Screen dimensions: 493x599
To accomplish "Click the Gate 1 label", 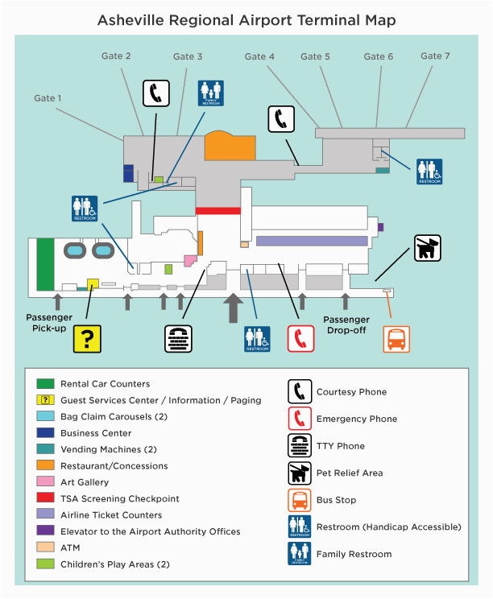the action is point(48,98).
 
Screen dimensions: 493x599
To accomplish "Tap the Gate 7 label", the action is point(435,56).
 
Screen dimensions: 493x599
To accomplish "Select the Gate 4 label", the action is point(259,56).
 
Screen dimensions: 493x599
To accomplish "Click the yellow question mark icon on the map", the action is point(87,339).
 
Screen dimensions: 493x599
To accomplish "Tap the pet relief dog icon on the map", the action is point(428,248).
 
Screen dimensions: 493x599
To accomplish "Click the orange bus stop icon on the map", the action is point(396,339).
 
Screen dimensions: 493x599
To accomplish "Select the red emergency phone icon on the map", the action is point(300,339).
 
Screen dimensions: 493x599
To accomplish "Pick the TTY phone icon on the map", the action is point(179,339).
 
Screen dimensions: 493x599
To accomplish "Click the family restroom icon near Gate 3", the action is point(211,93).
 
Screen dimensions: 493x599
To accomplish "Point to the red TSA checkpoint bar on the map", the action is point(218,211).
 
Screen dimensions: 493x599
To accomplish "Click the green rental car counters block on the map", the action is point(45,264).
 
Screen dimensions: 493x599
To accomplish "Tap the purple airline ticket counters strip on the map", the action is point(312,241).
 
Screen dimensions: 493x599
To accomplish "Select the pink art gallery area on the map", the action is point(190,261).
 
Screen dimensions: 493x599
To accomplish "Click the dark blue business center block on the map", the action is point(128,173).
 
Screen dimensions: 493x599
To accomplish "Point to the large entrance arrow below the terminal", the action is point(233,308).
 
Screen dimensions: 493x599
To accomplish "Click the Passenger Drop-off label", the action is point(346,324).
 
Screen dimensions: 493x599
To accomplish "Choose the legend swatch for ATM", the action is point(45,547).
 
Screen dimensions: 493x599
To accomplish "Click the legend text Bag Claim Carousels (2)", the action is point(114,416).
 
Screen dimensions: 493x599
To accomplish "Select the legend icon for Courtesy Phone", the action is point(300,391).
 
